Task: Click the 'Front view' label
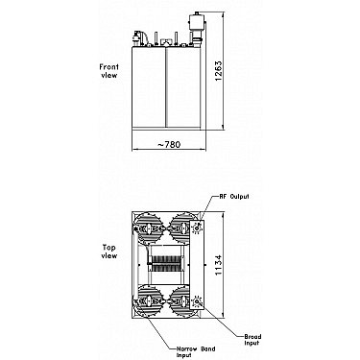pyautogui.click(x=108, y=71)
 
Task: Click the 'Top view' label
pyautogui.click(x=109, y=252)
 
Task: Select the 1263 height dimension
pyautogui.click(x=218, y=70)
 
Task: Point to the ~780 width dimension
pyautogui.click(x=169, y=145)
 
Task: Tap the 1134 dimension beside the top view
pyautogui.click(x=218, y=265)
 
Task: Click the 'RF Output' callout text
pyautogui.click(x=234, y=196)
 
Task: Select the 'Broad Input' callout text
pyautogui.click(x=252, y=340)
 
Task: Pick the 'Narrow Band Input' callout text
pyautogui.click(x=196, y=351)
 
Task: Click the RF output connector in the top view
pyautogui.click(x=196, y=228)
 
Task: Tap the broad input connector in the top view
pyautogui.click(x=196, y=301)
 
